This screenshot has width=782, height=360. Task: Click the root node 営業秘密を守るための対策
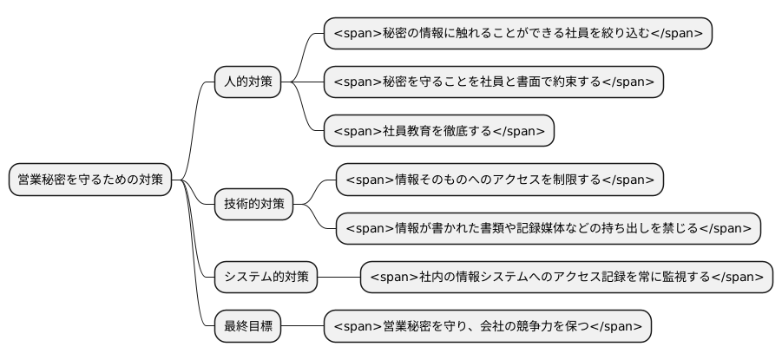tap(90, 180)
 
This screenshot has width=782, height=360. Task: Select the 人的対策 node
tap(248, 82)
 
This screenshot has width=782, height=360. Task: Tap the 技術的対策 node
tap(254, 205)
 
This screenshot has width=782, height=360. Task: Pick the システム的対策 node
tap(266, 278)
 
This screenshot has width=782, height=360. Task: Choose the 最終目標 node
tap(248, 326)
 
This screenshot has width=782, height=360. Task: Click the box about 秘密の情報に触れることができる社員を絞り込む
tap(517, 34)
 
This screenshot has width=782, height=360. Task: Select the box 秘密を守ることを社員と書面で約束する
tap(493, 82)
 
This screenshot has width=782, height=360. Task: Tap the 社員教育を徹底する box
tap(438, 131)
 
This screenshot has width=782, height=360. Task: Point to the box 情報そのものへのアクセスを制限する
tap(499, 180)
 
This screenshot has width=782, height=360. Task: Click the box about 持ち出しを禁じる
tap(548, 228)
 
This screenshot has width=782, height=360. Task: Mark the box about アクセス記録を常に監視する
tap(566, 278)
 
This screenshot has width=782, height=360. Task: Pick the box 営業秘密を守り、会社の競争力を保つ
tap(487, 326)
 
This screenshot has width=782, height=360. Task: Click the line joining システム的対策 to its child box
tap(338, 278)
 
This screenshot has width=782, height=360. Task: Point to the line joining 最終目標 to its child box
tap(302, 326)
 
